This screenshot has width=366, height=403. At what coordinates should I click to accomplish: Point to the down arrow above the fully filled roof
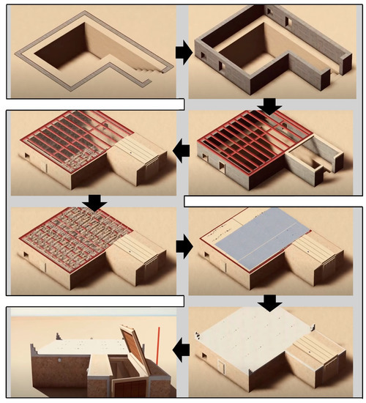tap(94, 201)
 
